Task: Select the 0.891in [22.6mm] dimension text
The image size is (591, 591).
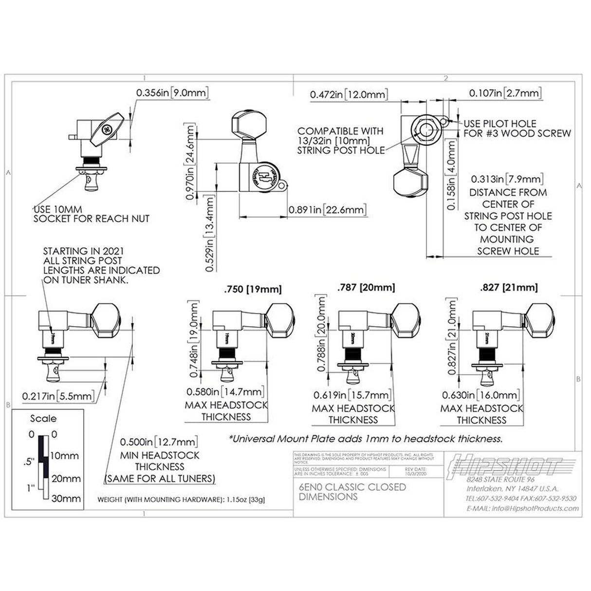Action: [328, 209]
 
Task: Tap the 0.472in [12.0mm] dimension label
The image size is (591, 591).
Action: [349, 94]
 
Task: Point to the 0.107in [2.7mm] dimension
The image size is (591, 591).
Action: [505, 93]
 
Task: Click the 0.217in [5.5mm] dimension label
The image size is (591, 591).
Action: [58, 396]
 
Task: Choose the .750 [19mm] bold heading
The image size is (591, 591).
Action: [252, 289]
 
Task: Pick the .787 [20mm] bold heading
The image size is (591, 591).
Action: [366, 287]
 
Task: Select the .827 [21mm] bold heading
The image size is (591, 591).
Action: [509, 287]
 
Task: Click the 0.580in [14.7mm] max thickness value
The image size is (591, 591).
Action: [225, 391]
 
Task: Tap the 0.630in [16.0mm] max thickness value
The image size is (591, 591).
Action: [481, 395]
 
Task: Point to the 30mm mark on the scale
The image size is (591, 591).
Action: [66, 499]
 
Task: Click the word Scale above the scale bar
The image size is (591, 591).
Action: [43, 419]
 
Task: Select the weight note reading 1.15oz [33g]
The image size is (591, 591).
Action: [181, 500]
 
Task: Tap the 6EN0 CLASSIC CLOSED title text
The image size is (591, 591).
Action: [352, 487]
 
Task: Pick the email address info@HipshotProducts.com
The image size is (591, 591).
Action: [522, 508]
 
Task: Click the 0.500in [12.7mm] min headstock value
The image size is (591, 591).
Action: [159, 442]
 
